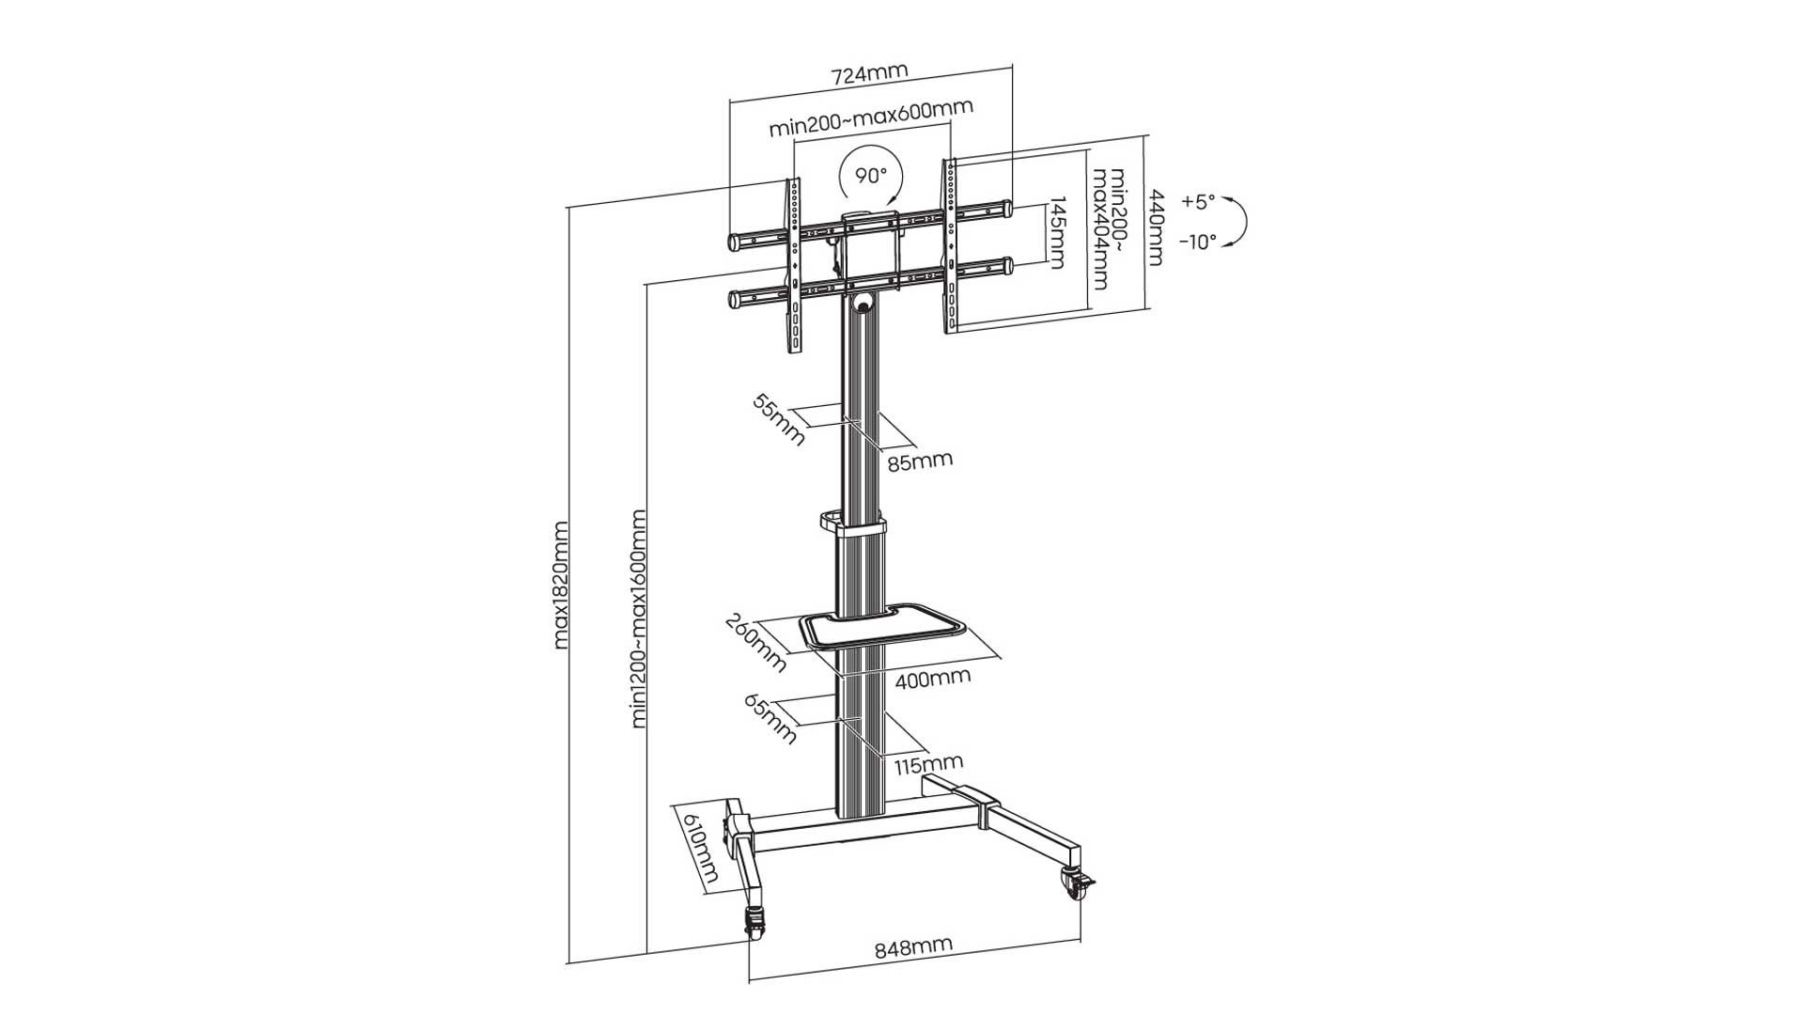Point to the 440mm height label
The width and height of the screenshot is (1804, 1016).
coord(1157,228)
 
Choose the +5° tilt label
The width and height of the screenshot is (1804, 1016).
coord(1198,201)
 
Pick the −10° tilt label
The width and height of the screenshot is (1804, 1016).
coord(1198,242)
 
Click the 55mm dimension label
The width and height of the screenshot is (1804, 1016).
coord(779,419)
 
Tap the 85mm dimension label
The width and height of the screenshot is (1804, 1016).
coord(920,461)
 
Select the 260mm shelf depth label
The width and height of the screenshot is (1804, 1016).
coord(755,643)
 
